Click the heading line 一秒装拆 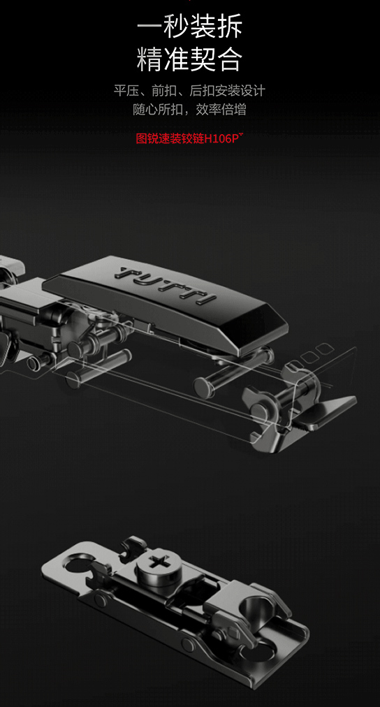[190, 26]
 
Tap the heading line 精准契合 [190, 59]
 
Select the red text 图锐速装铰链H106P [189, 138]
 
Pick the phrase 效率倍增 [221, 109]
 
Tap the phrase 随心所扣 [158, 109]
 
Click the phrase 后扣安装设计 [227, 91]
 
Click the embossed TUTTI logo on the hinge [166, 286]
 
